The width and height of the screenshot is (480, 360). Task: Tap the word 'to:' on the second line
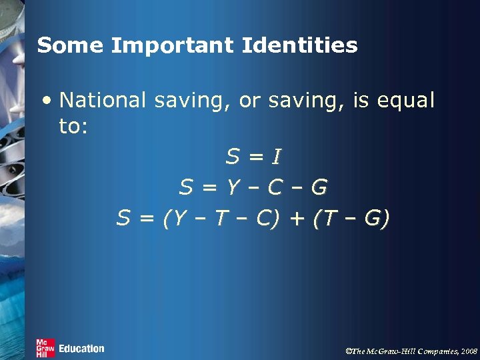click(73, 127)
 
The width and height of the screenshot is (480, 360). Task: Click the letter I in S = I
click(276, 157)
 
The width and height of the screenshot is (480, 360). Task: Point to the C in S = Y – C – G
click(275, 188)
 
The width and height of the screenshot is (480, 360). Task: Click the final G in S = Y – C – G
click(319, 188)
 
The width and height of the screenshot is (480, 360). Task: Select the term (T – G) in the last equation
click(351, 219)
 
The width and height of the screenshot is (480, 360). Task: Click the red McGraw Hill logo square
click(45, 348)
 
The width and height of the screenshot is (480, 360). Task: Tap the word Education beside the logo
click(81, 348)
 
